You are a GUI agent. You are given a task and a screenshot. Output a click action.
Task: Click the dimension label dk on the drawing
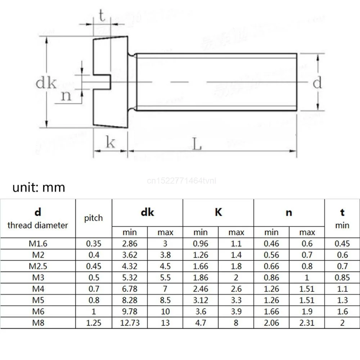tap(46, 83)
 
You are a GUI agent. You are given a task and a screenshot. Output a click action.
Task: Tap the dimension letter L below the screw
tap(196, 145)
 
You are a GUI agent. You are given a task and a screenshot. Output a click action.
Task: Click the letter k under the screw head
tap(110, 143)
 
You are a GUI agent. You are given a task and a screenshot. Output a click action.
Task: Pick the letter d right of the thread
tap(317, 83)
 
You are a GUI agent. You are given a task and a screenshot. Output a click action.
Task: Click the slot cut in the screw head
tap(102, 82)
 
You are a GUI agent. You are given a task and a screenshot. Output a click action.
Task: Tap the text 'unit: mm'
tap(39, 188)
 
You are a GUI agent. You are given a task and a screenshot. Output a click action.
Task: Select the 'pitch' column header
tap(94, 218)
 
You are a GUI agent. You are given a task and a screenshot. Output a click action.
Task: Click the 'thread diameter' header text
tap(38, 226)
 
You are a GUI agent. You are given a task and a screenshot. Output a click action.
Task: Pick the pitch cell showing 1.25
tap(94, 323)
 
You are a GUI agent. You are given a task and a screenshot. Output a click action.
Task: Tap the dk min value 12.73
tap(130, 323)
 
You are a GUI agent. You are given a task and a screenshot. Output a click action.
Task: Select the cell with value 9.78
tap(130, 311)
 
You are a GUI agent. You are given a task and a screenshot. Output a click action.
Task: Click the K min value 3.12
tap(201, 300)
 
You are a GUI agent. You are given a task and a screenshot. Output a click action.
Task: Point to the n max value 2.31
tap(307, 323)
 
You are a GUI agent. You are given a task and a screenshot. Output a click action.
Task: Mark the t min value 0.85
tap(342, 278)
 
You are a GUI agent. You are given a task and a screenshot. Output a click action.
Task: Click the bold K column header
tap(218, 212)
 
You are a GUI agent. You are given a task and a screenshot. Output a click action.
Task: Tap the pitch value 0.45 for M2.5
tap(94, 266)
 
